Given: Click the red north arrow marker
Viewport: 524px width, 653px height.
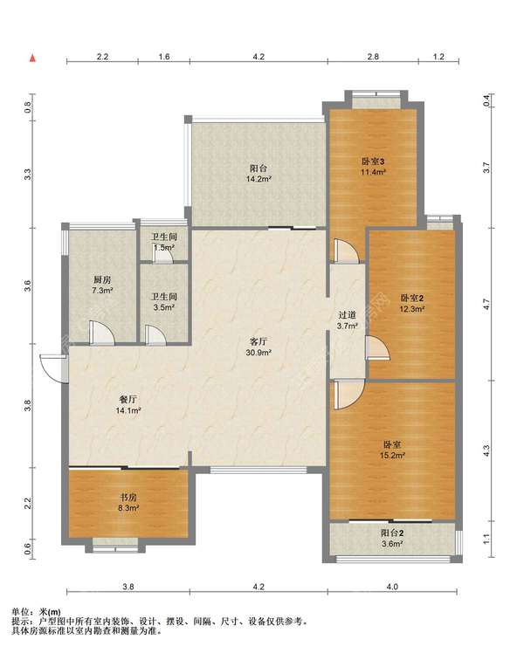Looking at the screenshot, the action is [x=32, y=58].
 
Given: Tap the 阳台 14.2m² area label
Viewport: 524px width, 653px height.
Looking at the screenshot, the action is [x=259, y=174].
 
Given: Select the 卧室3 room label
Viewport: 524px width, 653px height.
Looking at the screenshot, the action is [x=373, y=162].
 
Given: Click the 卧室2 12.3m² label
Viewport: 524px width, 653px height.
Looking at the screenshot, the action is [x=412, y=304].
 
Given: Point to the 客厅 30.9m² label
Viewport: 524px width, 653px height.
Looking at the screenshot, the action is [x=259, y=347].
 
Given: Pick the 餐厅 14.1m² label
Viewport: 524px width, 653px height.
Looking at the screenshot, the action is [x=128, y=405].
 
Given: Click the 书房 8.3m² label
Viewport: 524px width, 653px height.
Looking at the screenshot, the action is [x=128, y=503].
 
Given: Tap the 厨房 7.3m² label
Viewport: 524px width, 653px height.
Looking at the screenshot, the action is [x=102, y=285].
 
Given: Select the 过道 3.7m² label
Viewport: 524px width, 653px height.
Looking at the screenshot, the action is [x=347, y=320].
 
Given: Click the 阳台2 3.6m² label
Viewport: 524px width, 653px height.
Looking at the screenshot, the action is [x=392, y=538].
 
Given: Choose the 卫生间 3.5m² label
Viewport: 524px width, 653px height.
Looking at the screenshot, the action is [x=163, y=302].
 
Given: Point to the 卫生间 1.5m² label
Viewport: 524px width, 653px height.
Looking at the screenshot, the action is [x=163, y=242].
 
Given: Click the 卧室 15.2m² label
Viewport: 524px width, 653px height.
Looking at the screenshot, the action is [x=392, y=450].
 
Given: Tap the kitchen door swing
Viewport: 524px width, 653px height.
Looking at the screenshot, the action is [x=101, y=333].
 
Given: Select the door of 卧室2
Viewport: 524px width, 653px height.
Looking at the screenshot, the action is [x=377, y=347].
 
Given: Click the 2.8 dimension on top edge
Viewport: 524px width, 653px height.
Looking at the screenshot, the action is [x=373, y=57].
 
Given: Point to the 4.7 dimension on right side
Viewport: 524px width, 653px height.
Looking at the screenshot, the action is [x=486, y=304].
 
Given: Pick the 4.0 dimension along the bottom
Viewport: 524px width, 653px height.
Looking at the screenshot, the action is [x=392, y=587].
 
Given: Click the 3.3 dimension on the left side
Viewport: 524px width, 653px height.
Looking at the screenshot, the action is [x=28, y=175].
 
